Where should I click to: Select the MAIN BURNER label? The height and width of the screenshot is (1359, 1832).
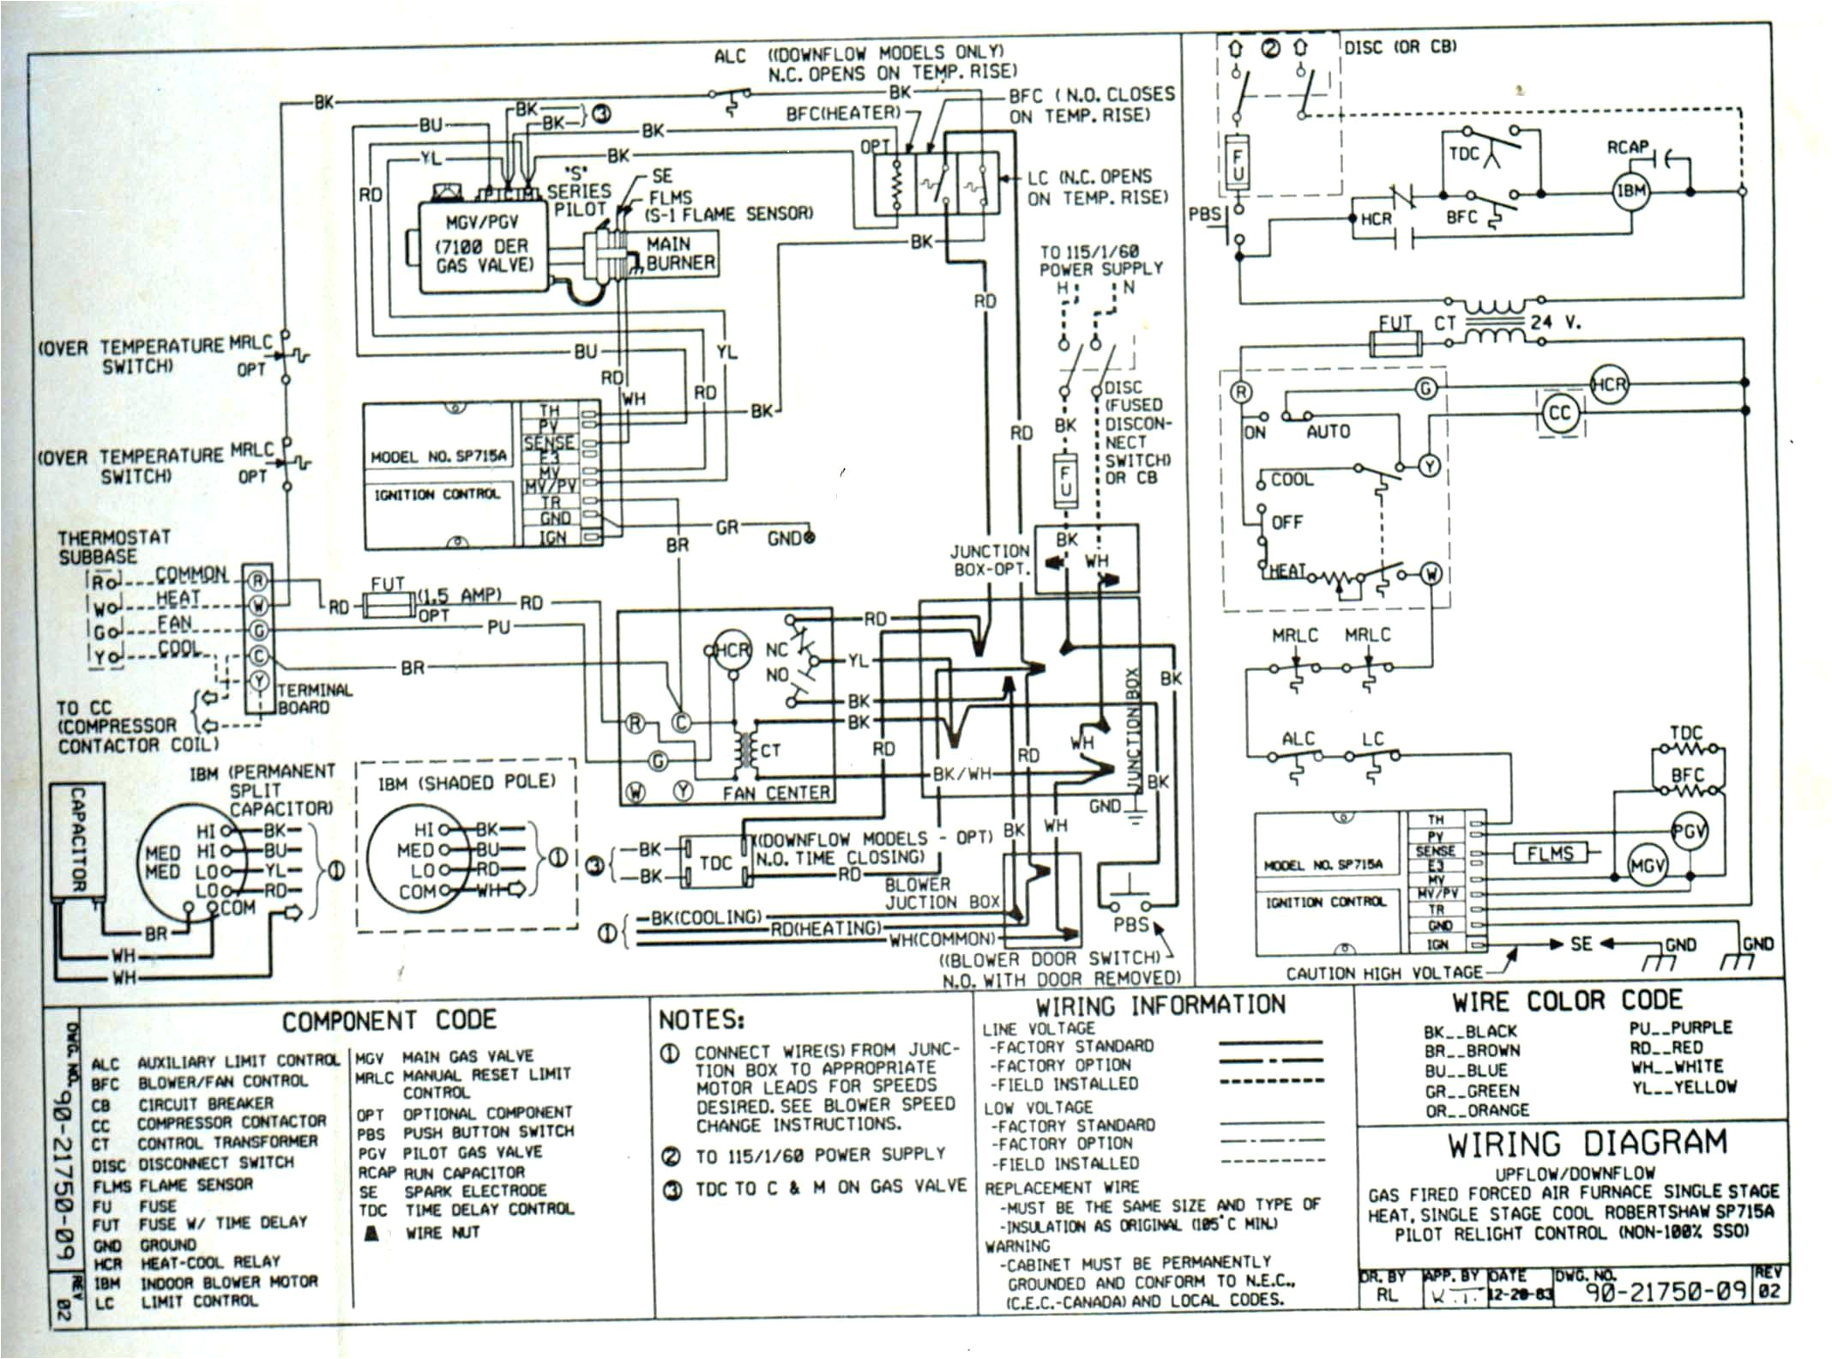[x=680, y=253]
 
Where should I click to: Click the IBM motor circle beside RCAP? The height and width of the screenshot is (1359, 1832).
[x=1630, y=191]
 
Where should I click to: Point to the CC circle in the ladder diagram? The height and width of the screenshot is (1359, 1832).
[x=1558, y=414]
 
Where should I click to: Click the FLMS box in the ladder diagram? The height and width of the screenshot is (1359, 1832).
[x=1549, y=853]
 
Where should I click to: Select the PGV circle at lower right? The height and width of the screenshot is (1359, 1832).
[x=1689, y=831]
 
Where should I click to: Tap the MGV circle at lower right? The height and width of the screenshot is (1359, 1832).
[x=1647, y=867]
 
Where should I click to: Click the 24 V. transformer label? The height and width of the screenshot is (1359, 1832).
[x=1556, y=323]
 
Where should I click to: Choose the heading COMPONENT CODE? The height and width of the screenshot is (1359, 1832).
[x=389, y=1020]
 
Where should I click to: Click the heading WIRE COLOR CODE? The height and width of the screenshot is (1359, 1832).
[x=1566, y=1000]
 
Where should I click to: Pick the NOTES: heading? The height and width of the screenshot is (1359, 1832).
[x=701, y=1019]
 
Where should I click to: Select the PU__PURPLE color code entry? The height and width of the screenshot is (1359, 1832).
[x=1680, y=1028]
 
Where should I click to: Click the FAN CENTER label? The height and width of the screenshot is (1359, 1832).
[x=775, y=794]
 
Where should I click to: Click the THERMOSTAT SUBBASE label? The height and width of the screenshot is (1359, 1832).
[x=114, y=547]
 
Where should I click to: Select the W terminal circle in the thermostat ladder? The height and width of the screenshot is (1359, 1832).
[x=1431, y=573]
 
